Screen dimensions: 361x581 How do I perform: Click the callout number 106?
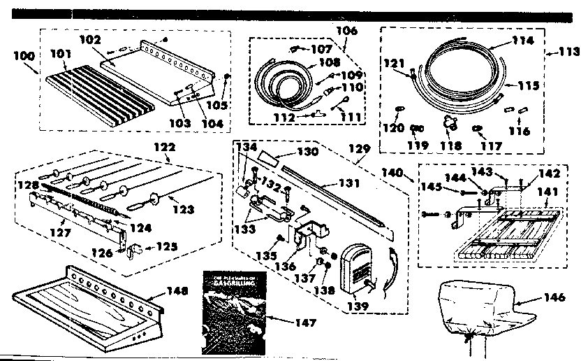click(346, 31)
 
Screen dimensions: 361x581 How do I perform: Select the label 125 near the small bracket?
click(166, 246)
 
